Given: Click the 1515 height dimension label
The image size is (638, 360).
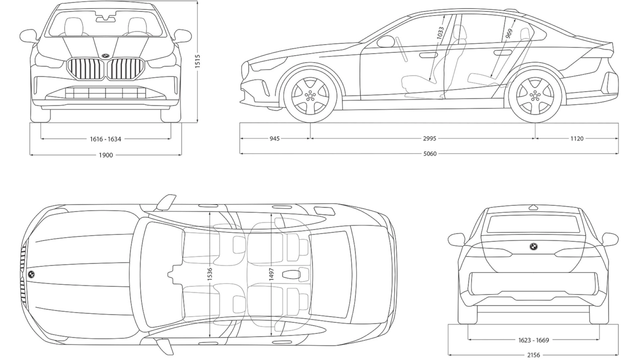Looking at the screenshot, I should [x=198, y=61].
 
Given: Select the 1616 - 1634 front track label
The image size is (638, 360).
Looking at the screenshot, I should [x=105, y=139].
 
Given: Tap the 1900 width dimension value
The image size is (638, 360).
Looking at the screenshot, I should [x=105, y=155].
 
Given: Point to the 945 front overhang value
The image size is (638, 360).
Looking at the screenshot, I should [x=274, y=139].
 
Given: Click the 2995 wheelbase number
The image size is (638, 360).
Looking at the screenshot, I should [x=429, y=139].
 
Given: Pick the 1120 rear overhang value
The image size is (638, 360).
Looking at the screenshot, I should [x=577, y=139].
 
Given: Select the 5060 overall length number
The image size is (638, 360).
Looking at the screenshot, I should [x=430, y=154].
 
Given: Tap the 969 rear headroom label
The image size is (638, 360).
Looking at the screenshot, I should [x=509, y=34].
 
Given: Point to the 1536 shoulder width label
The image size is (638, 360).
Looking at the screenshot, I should [x=210, y=274].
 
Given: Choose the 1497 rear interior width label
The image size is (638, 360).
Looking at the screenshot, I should [x=271, y=274].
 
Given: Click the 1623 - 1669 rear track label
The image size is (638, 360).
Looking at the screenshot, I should [x=533, y=340].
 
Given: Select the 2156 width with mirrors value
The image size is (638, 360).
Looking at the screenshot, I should [x=533, y=355].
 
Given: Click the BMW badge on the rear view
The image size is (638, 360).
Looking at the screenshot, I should [x=533, y=246].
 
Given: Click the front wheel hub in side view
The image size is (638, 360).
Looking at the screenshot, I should [x=310, y=96].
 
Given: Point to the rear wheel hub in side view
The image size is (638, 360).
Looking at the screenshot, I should [x=535, y=96].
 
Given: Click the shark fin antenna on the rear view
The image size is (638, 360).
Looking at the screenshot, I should [x=533, y=207].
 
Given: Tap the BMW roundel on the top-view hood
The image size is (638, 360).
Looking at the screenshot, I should [x=32, y=274].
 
